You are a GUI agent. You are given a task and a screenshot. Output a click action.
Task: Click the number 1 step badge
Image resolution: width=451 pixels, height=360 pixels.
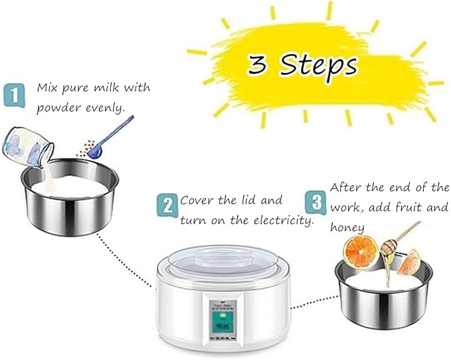pos(13,94)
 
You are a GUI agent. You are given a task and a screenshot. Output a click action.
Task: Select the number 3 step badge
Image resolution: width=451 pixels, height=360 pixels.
pos(316,201)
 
